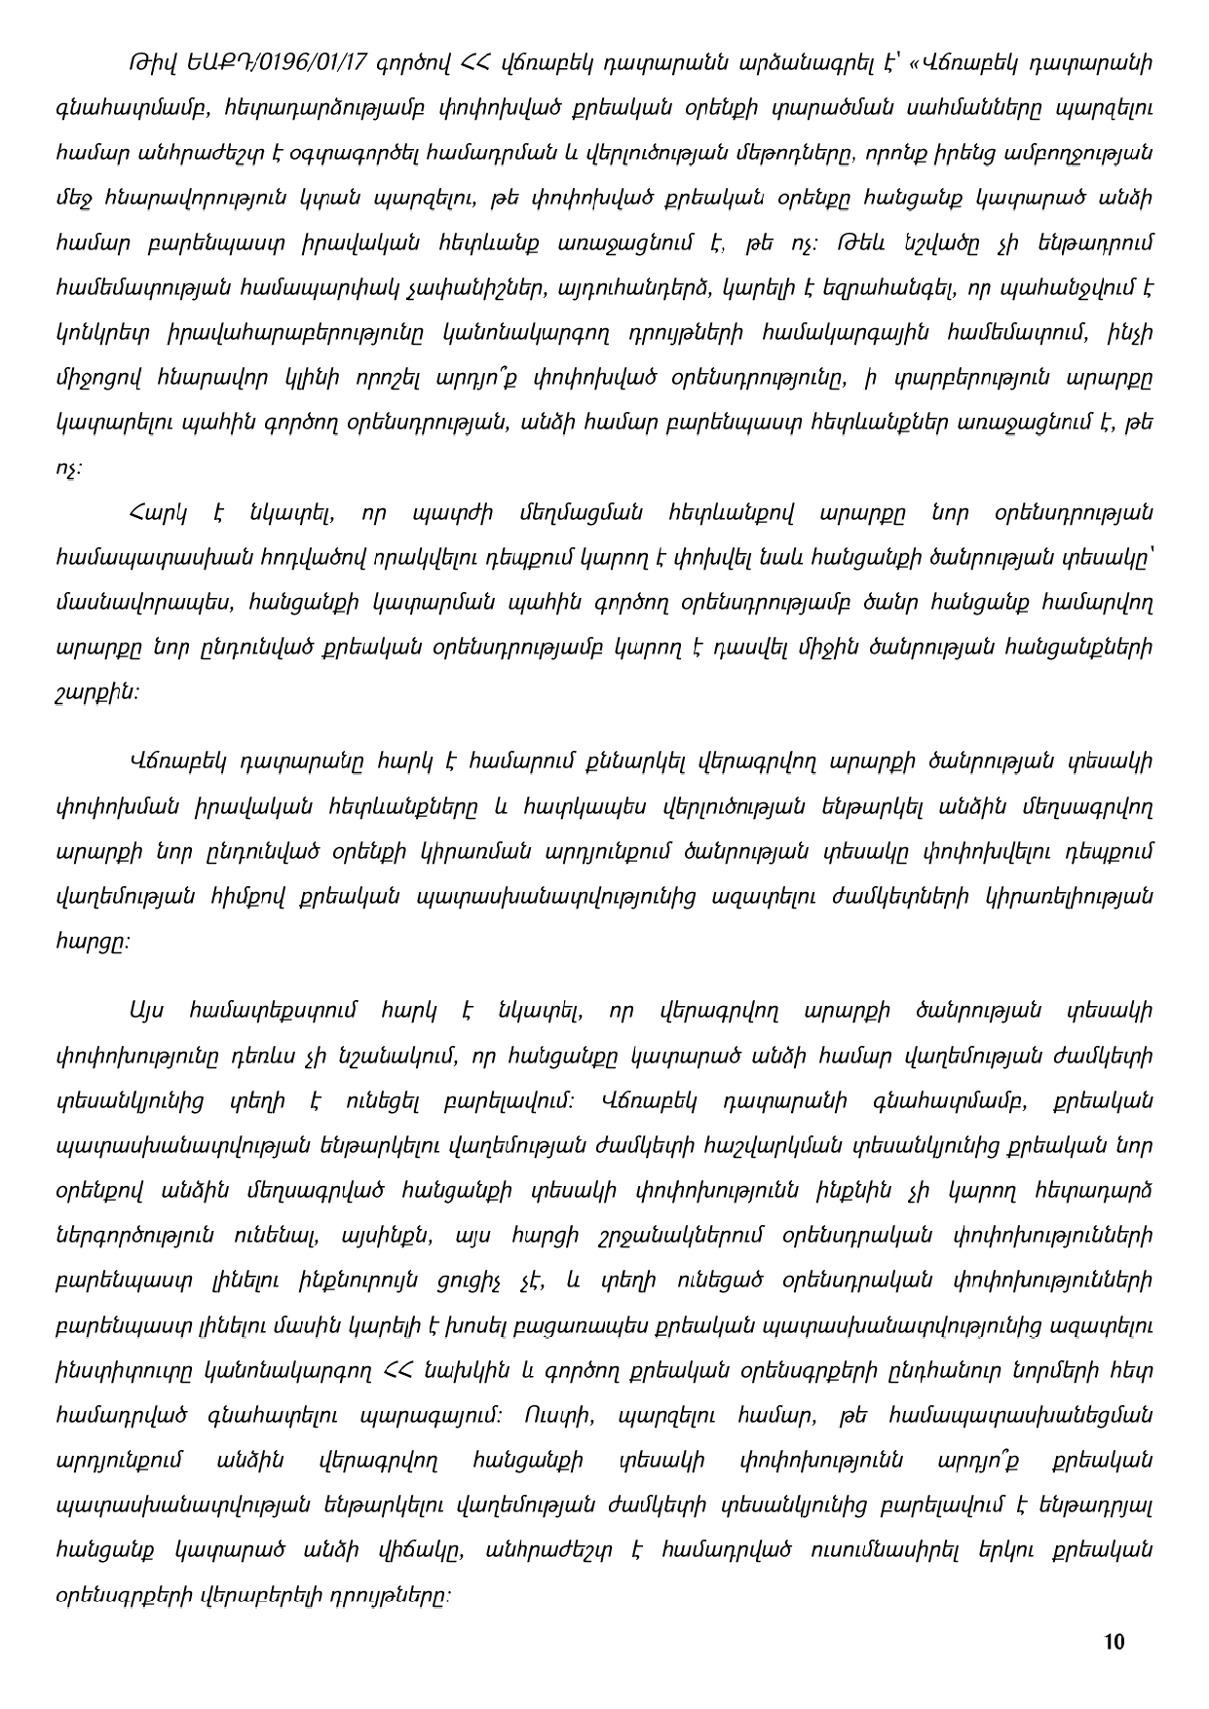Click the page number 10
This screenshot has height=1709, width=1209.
tap(1115, 1642)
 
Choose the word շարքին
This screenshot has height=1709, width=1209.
tap(96, 693)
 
